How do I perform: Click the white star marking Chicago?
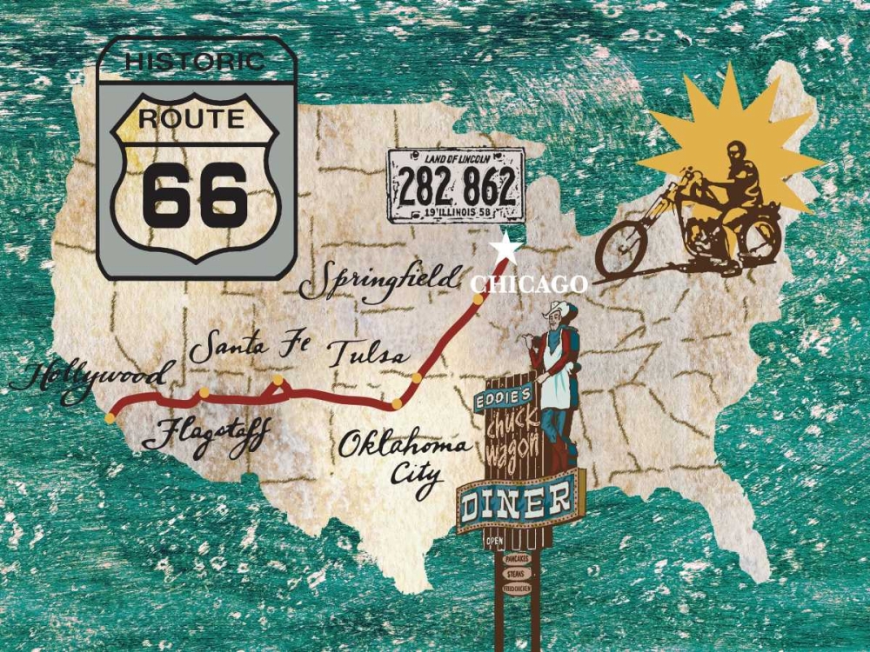point(505,249)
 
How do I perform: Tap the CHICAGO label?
point(529,284)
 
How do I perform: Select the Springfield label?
point(379,281)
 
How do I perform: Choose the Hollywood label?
point(87,379)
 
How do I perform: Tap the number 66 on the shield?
point(196,192)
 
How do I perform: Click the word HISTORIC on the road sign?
point(195,62)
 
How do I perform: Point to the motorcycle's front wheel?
point(623,245)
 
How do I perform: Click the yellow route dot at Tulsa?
point(418,378)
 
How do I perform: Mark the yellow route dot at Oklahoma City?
point(396,403)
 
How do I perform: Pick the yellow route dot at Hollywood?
point(110,418)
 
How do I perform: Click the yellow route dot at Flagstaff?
point(204,393)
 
